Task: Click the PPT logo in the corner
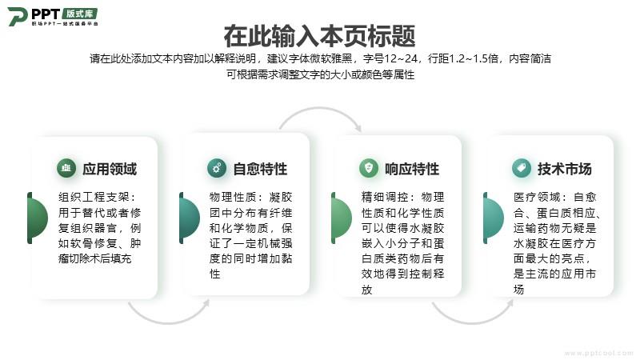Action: [53, 16]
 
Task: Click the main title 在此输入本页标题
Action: [319, 36]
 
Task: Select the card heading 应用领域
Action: [110, 169]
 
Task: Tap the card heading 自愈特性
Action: [260, 169]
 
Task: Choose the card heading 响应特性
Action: [412, 169]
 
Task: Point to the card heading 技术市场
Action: [565, 169]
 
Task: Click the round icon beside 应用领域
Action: [66, 168]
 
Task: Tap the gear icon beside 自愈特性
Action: [217, 168]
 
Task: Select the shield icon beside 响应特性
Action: [369, 168]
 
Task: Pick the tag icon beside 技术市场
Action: [522, 168]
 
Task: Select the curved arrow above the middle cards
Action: [319, 108]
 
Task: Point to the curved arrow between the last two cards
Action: [472, 323]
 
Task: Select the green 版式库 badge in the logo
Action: [80, 13]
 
